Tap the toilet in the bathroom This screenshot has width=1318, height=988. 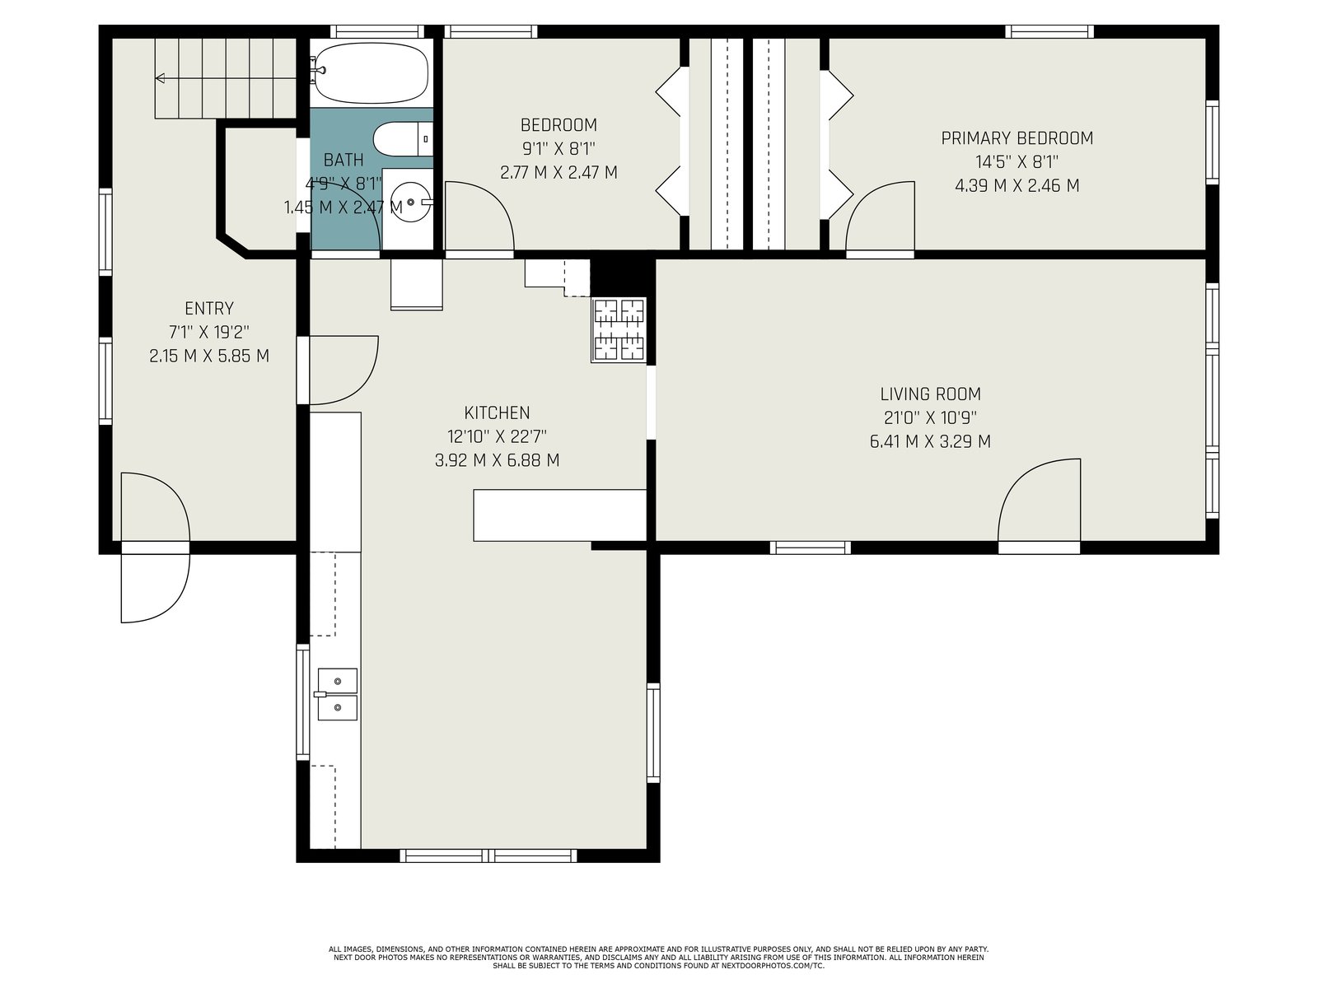coord(402,139)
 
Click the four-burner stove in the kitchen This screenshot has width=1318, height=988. coord(619,330)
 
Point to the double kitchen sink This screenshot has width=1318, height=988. coord(338,694)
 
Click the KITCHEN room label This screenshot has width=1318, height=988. coord(497,412)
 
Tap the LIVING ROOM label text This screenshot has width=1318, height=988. coord(930,394)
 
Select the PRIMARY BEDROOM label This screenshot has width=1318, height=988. coord(1017,138)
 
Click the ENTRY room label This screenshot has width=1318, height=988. coord(209,308)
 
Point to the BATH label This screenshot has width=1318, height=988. coord(344,160)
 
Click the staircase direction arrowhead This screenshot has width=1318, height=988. coord(160,78)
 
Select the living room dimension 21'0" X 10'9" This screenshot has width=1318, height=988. coord(930,417)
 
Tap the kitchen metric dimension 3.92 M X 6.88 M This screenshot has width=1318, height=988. coord(497,461)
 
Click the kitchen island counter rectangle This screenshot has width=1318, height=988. coord(559,515)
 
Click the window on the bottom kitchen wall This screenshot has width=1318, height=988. coord(488,855)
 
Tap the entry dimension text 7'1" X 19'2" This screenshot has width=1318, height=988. coord(209,332)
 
